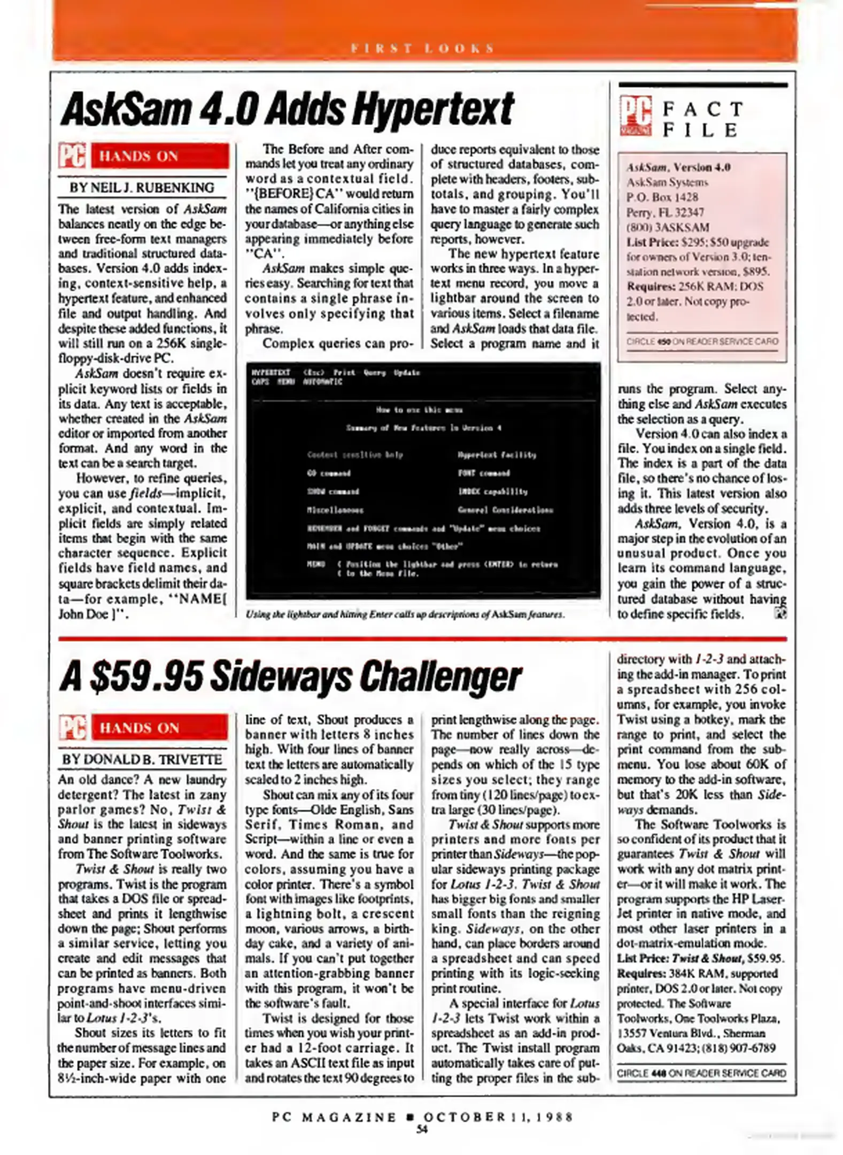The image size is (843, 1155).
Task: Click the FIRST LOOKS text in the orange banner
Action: coord(422,49)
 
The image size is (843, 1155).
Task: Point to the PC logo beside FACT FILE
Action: coord(636,116)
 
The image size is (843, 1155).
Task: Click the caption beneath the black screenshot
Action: coord(405,614)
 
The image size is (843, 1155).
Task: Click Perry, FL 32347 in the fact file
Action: coord(665,212)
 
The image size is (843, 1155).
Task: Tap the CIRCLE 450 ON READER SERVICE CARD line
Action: coord(702,341)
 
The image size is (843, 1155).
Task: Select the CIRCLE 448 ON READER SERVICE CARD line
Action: coord(701,1073)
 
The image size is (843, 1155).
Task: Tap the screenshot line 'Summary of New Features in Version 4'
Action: coord(423,428)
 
